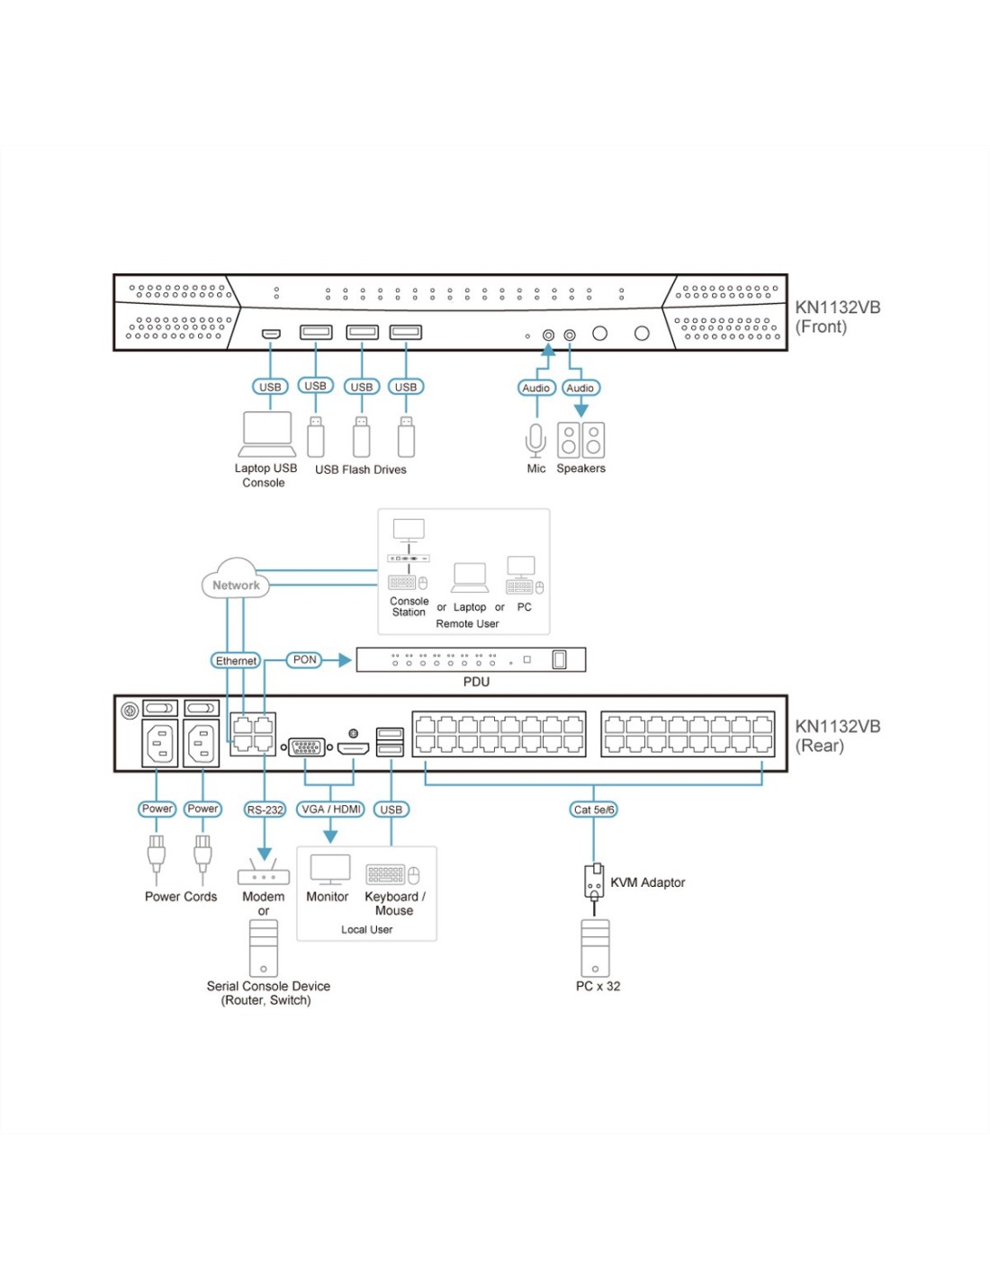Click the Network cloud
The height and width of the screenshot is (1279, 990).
[236, 579]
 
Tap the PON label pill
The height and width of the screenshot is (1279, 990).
[304, 660]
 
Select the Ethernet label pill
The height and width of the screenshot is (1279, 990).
[236, 660]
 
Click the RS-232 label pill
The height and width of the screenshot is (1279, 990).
[265, 809]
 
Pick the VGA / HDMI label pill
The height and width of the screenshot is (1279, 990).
[330, 809]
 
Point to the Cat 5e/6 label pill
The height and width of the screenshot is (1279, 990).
[594, 809]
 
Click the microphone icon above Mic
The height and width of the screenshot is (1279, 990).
[535, 440]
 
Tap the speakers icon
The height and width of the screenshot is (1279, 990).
[580, 440]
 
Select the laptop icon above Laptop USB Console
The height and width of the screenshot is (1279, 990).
[267, 434]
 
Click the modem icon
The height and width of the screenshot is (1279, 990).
[264, 872]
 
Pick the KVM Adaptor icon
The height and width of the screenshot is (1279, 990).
[594, 882]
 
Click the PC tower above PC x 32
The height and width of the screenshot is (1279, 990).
[595, 948]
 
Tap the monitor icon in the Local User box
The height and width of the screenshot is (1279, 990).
[329, 870]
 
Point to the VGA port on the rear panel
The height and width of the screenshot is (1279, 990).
[306, 747]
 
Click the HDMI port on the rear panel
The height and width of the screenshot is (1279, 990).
[353, 748]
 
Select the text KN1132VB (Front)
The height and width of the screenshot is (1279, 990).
[838, 317]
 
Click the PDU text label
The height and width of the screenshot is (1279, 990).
[476, 682]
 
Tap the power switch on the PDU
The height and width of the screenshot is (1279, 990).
[559, 659]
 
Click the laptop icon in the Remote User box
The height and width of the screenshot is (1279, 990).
[470, 577]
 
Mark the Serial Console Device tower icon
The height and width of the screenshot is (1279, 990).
[264, 948]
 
